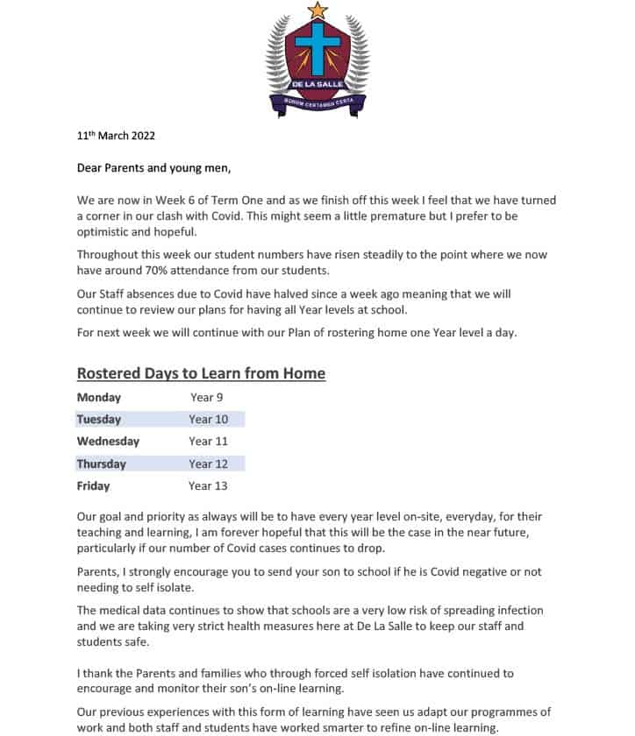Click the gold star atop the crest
[318, 11]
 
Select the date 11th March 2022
[116, 136]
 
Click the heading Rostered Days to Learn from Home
[201, 373]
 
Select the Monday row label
[99, 397]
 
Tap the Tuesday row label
[99, 419]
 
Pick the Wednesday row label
[108, 441]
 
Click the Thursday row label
[102, 464]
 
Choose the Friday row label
[93, 485]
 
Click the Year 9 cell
[207, 397]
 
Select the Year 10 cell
[208, 419]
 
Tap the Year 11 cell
[208, 441]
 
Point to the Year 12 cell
[208, 464]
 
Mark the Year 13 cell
[208, 485]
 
